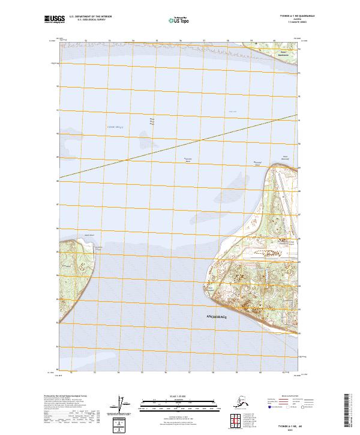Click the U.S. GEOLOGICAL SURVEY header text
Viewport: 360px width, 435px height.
84,20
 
